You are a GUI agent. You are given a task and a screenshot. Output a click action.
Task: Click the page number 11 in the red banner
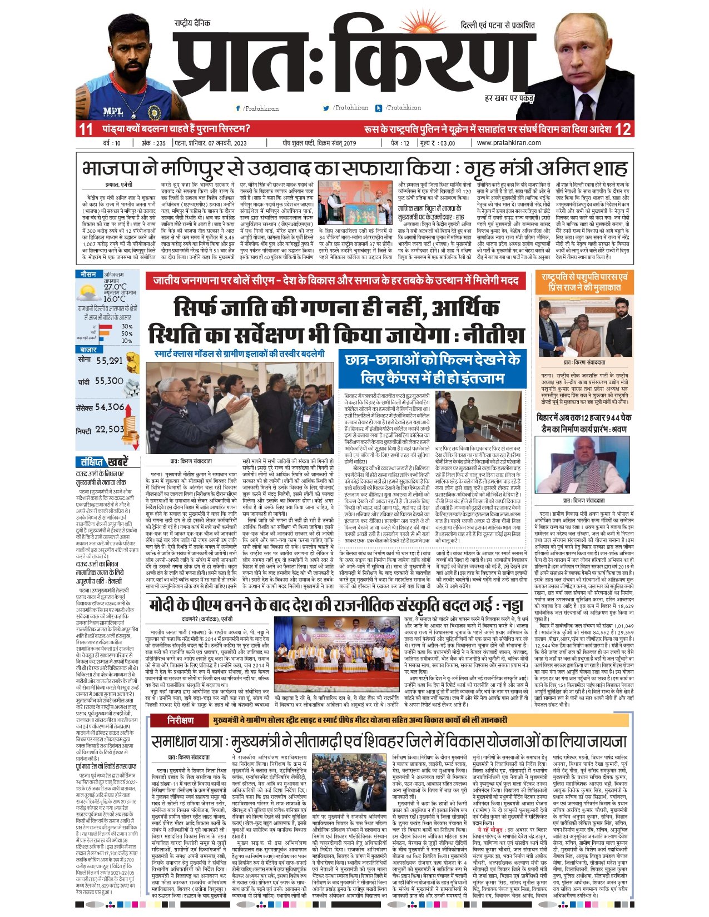[86, 129]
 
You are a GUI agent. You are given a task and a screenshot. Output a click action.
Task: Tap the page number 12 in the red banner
[623, 129]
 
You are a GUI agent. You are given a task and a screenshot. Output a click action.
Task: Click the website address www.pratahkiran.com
[509, 143]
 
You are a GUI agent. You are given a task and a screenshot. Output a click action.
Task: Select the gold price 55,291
[110, 361]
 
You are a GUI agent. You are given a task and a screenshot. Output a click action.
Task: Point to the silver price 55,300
[109, 381]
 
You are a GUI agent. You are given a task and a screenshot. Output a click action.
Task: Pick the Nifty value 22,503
[110, 429]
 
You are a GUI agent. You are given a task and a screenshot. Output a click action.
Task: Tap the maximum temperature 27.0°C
[115, 287]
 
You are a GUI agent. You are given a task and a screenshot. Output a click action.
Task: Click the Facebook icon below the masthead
[238, 108]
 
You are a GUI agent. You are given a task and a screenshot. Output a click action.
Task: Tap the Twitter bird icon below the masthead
[329, 108]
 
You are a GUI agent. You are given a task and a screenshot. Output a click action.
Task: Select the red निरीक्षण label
[180, 720]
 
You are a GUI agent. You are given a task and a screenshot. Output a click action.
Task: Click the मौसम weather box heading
[88, 275]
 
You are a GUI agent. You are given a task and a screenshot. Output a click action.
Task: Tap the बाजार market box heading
[88, 350]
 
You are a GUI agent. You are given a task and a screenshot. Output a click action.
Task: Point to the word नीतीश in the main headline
[494, 335]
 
